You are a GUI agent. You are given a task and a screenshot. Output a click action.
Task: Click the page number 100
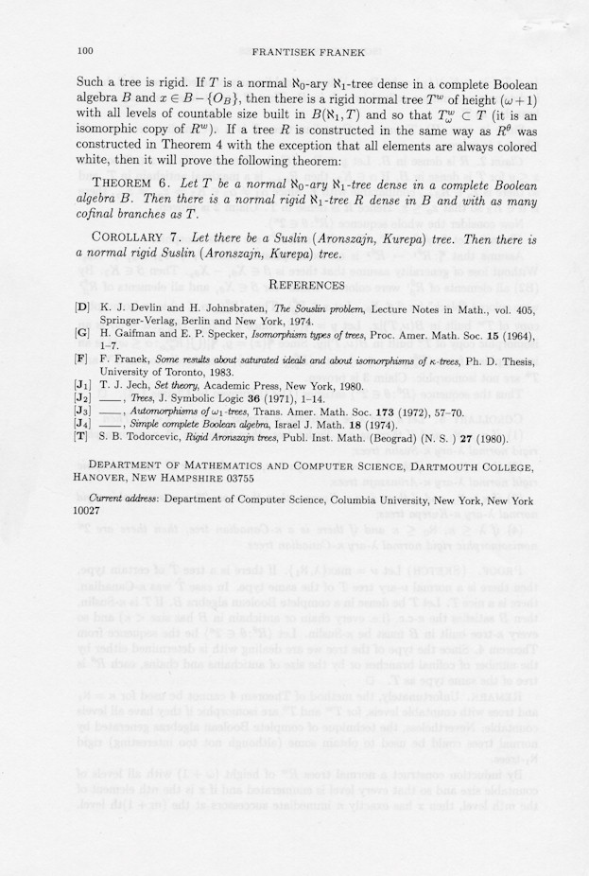coord(83,49)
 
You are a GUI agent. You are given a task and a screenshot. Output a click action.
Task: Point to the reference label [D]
coord(82,307)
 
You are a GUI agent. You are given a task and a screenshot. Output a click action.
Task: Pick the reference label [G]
coord(82,334)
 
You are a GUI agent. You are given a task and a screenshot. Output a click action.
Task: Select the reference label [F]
coord(82,359)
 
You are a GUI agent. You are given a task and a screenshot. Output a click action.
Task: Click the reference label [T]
coord(82,436)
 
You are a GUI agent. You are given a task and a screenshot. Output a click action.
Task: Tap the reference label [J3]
coord(82,412)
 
